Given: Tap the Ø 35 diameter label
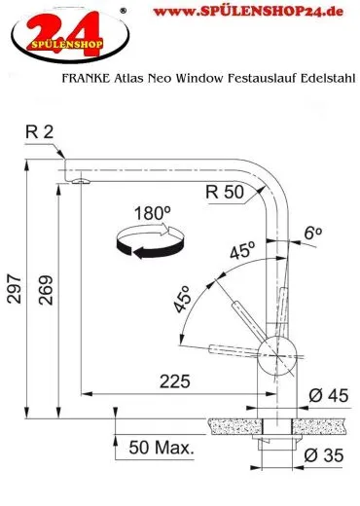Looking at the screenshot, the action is pos(328,454).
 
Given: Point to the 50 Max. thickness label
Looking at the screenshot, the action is pos(161,449).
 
